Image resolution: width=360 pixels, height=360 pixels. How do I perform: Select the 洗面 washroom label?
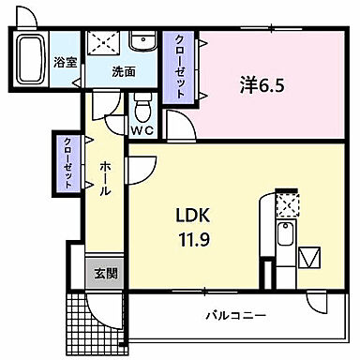[x=124, y=70]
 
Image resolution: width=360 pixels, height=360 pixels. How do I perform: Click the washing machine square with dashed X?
[x=104, y=44]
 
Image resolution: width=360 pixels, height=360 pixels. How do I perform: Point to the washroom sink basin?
[x=143, y=42]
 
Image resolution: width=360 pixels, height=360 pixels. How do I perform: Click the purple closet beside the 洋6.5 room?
[x=176, y=68]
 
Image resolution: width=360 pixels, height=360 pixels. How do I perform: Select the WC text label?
[x=142, y=130]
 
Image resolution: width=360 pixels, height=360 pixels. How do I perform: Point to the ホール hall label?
[x=105, y=177]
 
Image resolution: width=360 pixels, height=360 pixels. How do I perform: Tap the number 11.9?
[x=191, y=240]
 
